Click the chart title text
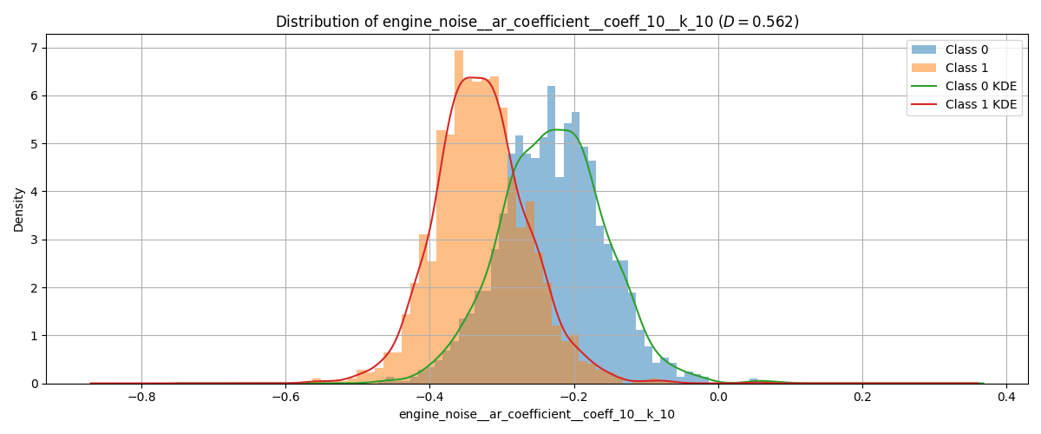pos(537,22)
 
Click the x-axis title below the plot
pos(537,415)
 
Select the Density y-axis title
pos(19,208)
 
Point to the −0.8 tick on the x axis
pos(141,398)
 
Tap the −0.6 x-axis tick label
pos(285,398)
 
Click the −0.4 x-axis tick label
pos(429,398)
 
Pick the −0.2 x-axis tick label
pos(573,398)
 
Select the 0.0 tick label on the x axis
pos(718,398)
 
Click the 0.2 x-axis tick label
pos(862,398)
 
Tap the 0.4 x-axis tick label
pos(1006,398)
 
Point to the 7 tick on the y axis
pos(34,48)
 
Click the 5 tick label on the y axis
pos(34,143)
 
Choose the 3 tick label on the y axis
pos(34,240)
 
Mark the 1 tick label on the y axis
pos(34,336)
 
